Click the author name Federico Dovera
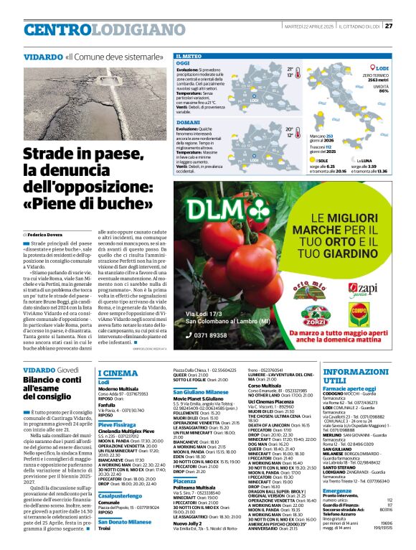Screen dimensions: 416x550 [x=44, y=235]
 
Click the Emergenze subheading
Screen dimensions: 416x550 [x=337, y=490]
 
